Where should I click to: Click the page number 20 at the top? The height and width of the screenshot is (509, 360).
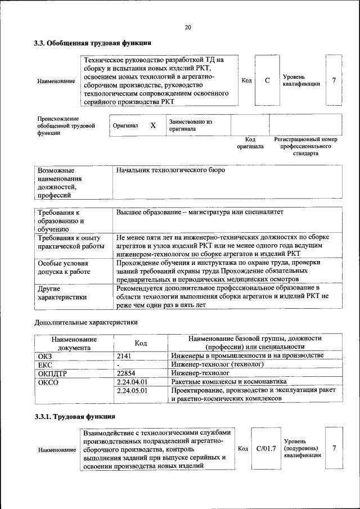188,27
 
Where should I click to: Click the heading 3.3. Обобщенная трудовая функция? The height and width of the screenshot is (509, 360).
92,42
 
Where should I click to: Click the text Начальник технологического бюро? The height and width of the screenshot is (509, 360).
170,170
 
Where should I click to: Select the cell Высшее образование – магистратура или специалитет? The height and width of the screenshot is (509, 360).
200,212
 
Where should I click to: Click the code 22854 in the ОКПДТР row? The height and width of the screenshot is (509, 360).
127,372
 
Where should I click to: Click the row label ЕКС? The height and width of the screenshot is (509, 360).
44,364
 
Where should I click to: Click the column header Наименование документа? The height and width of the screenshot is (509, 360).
74,343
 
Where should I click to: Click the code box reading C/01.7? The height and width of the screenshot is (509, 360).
266,448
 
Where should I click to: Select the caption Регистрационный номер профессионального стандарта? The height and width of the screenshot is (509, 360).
305,146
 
